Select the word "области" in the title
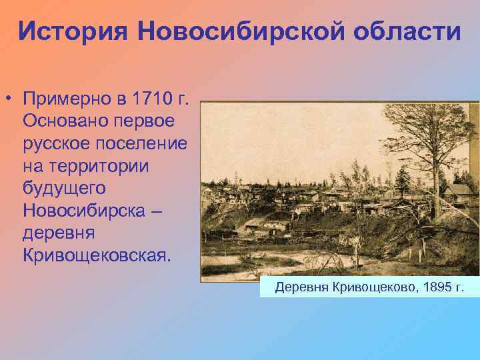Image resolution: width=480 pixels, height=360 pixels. click(402, 31)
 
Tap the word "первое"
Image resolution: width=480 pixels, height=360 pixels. click(143, 122)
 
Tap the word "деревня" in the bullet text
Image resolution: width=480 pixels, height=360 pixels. click(58, 233)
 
